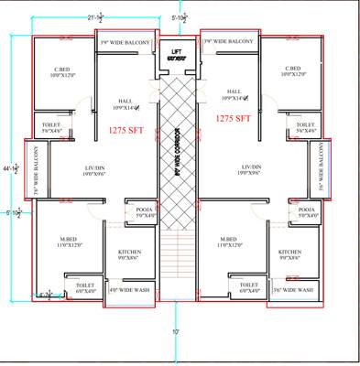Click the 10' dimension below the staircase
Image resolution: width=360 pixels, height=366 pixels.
[x=174, y=332]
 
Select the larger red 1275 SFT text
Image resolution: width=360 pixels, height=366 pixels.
[x=234, y=119]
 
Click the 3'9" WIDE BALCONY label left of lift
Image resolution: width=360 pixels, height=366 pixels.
[x=125, y=42]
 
